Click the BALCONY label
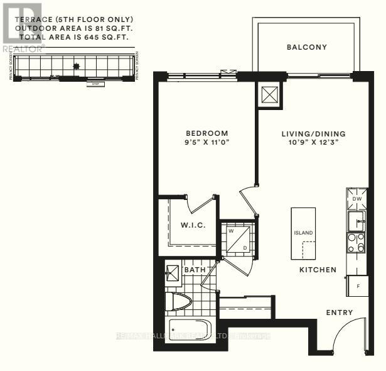(x=306, y=47)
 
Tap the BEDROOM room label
(x=206, y=133)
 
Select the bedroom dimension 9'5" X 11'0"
(x=206, y=143)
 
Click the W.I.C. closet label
(x=191, y=225)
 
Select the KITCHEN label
(x=318, y=270)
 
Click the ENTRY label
(x=339, y=313)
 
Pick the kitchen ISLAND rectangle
(x=303, y=233)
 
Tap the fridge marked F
(x=357, y=285)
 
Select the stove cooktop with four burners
(x=357, y=243)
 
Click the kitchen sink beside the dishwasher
(x=357, y=220)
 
